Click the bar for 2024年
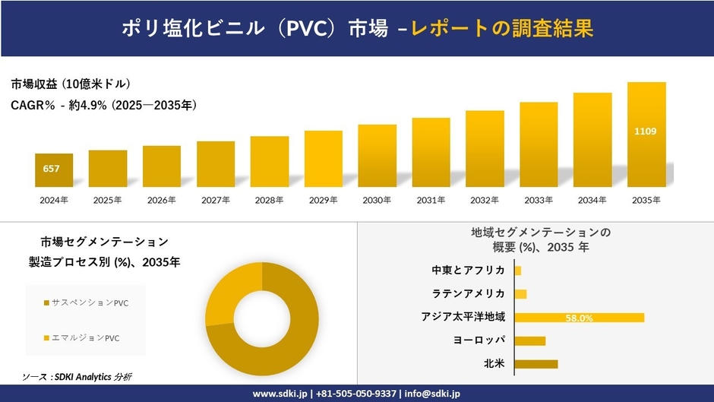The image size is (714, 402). coord(54,170)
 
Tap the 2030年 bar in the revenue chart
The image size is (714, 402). coord(377,156)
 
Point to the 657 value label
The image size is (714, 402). coord(52,168)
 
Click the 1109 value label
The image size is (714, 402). coord(646,131)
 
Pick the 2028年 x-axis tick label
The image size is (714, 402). coord(269,200)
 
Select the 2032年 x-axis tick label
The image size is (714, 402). coord(485,200)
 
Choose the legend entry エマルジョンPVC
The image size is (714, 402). coord(86,337)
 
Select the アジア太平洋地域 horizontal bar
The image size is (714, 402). coord(579,318)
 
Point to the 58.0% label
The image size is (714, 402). coord(579,318)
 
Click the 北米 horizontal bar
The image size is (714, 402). coord(536,364)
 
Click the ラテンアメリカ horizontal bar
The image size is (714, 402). coord(520,294)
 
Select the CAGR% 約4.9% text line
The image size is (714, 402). coord(104,106)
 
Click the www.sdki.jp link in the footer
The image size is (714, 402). coord(279,394)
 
